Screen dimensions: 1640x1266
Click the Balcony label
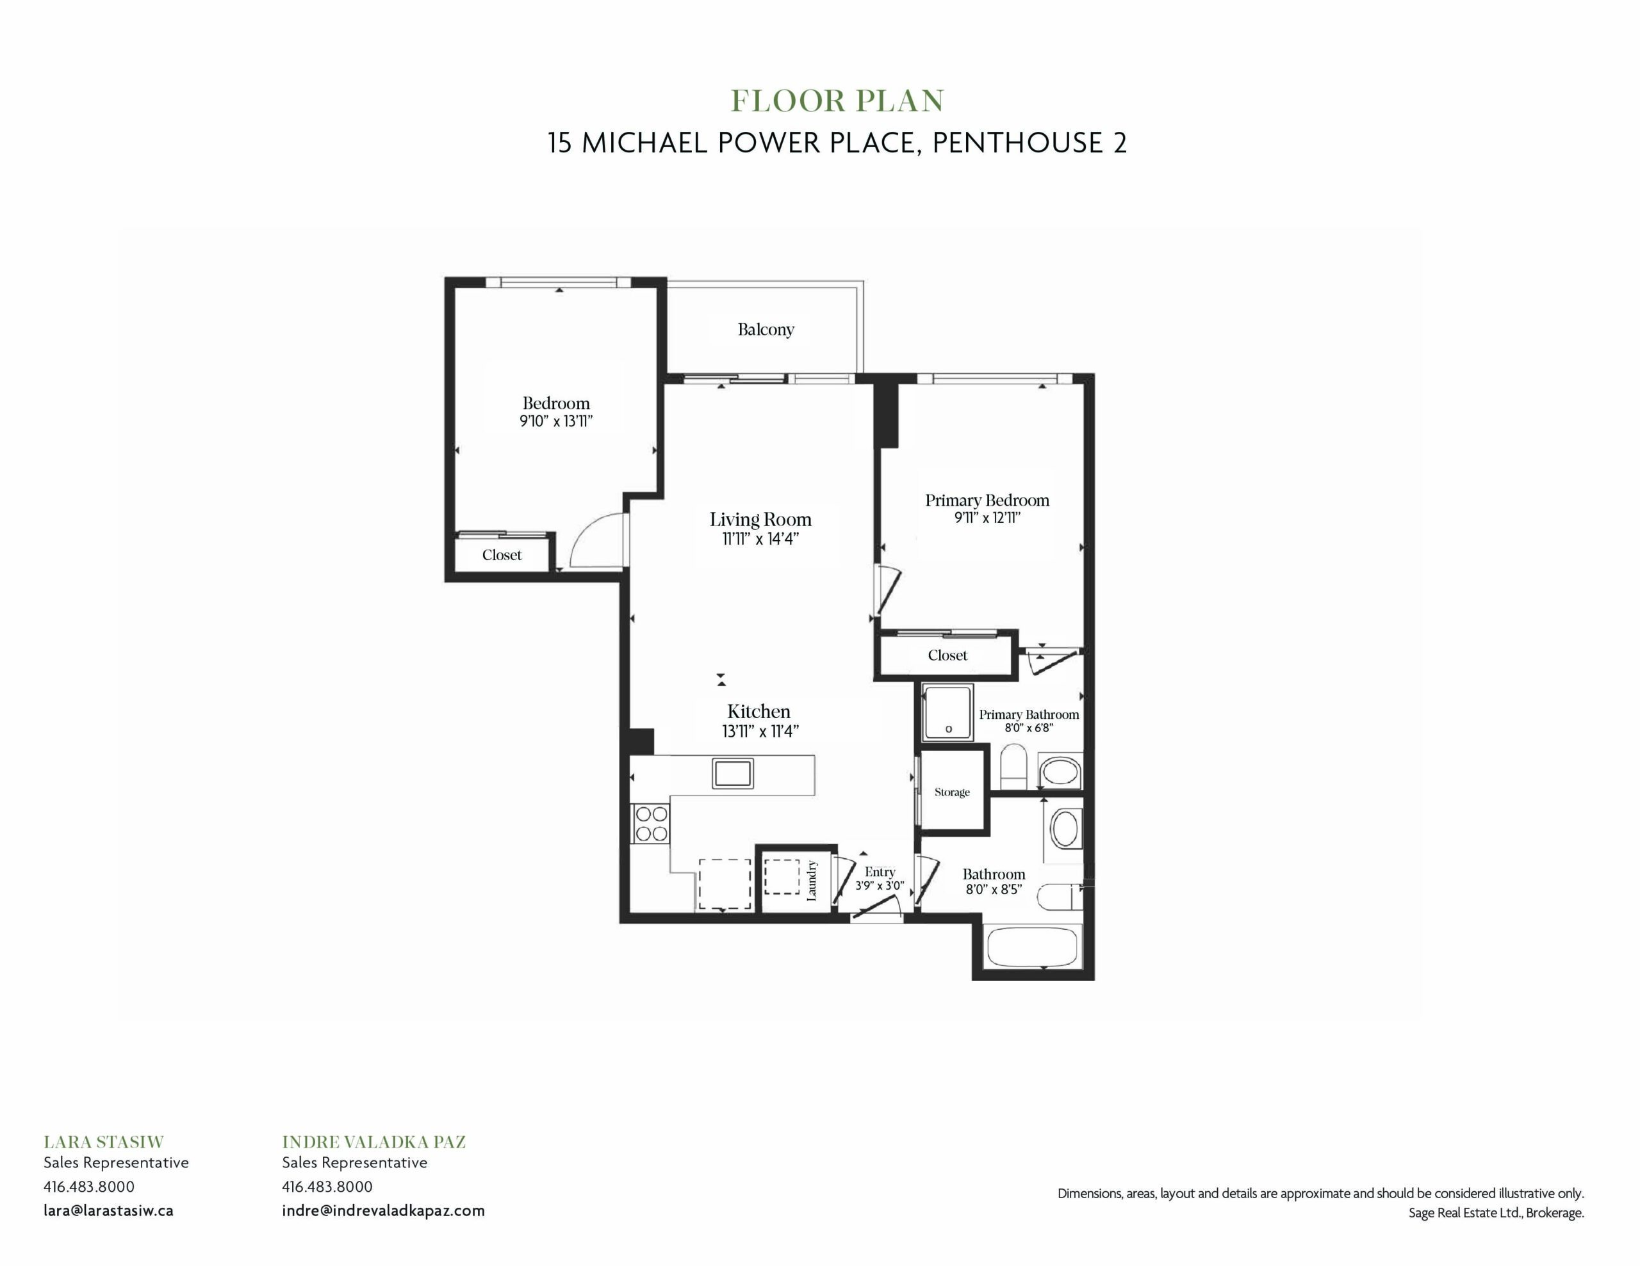click(765, 330)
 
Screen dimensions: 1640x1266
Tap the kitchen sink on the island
click(733, 774)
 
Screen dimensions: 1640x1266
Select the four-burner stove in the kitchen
click(651, 823)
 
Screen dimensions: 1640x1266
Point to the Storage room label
click(951, 792)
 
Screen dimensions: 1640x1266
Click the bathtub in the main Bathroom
click(1033, 947)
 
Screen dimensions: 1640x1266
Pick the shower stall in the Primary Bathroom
click(947, 712)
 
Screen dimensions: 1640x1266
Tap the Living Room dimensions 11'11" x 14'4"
click(760, 539)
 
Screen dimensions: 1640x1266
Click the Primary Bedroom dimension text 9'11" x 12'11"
click(987, 518)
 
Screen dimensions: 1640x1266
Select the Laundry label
click(811, 880)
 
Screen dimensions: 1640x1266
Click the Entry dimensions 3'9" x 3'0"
click(880, 886)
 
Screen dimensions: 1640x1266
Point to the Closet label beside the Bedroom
click(502, 556)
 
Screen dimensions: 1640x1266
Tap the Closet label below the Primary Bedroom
click(947, 655)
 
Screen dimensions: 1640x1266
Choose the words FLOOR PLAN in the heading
click(837, 101)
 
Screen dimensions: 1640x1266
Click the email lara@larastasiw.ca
click(108, 1210)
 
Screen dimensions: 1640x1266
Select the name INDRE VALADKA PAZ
click(374, 1142)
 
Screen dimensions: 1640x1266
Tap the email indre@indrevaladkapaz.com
click(383, 1210)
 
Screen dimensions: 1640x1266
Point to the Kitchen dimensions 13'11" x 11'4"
click(760, 732)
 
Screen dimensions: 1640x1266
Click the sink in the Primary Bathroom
click(1060, 771)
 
